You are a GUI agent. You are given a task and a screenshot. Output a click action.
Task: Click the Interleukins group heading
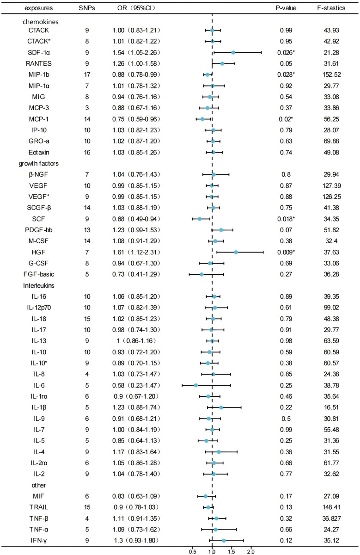coord(38,285)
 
